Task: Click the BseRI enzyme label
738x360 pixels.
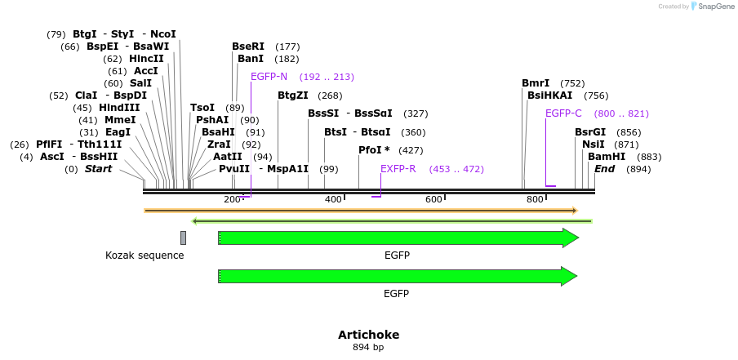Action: tap(248, 47)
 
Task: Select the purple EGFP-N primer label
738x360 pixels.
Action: tap(269, 77)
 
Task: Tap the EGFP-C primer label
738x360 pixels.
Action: tap(563, 113)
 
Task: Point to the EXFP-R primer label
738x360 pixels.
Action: tap(398, 169)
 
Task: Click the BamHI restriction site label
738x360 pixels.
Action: tap(607, 157)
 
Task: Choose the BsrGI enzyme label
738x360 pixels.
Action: tap(590, 132)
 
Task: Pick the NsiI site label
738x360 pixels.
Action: tap(594, 144)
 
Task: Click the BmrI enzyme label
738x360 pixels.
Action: tap(536, 83)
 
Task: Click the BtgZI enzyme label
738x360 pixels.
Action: tap(293, 96)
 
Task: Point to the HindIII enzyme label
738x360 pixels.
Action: tap(119, 108)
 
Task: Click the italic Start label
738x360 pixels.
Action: tap(98, 169)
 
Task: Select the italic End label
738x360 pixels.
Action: tap(604, 169)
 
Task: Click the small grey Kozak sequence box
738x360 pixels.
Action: tap(183, 238)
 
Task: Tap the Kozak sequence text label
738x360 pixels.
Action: tap(144, 256)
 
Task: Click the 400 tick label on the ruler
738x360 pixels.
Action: tap(333, 200)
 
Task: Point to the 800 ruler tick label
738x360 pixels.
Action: tap(535, 200)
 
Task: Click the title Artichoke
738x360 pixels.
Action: tap(368, 335)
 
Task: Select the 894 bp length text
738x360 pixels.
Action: tap(368, 348)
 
